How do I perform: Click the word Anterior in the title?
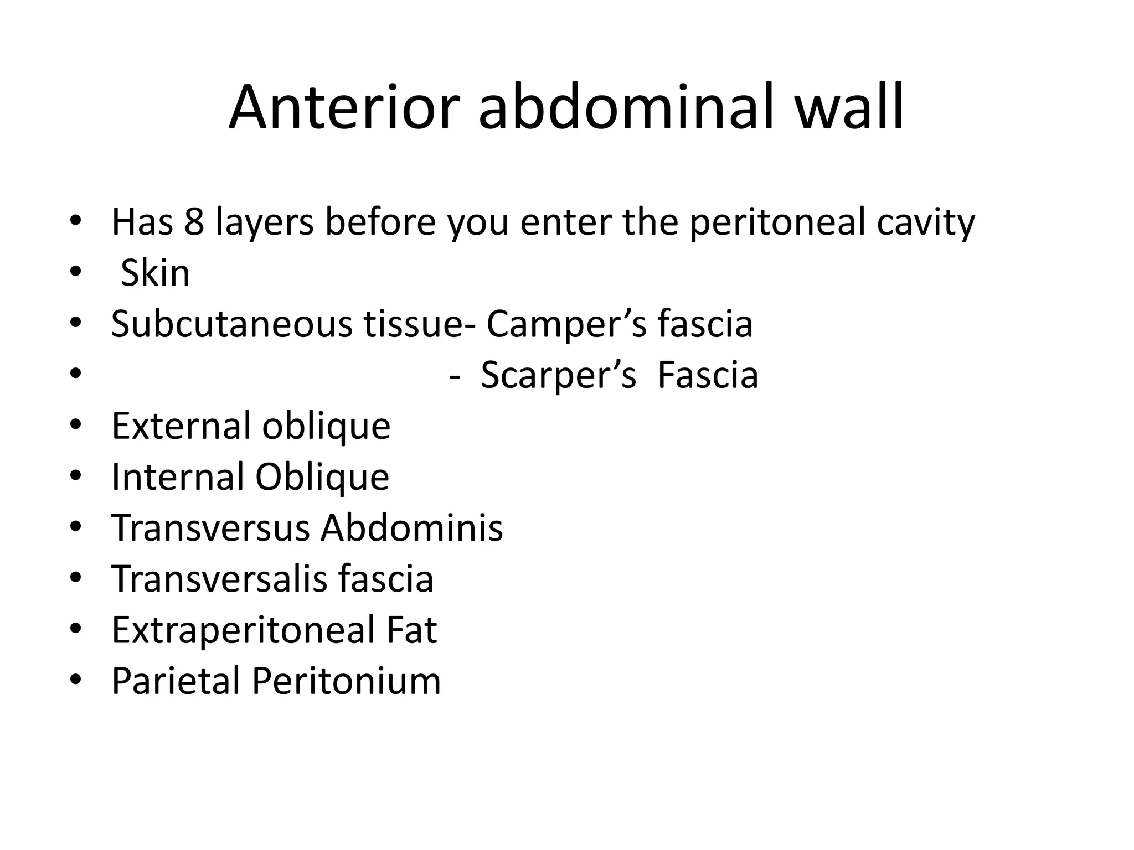344,107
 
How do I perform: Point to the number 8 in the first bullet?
194,222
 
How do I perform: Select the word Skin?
155,273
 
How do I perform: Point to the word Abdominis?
412,528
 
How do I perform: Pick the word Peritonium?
347,681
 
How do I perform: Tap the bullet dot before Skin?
76,273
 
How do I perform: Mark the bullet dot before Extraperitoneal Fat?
76,630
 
